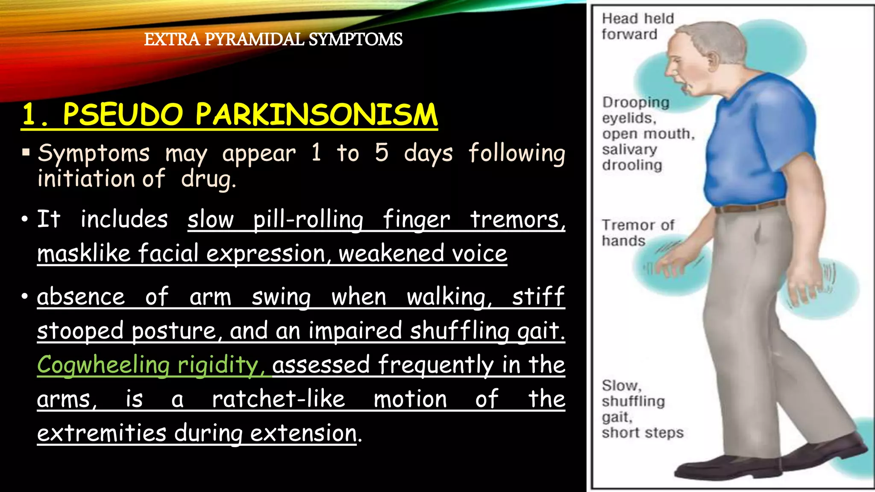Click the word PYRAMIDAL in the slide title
click(254, 39)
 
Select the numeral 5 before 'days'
click(382, 153)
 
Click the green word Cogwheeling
click(103, 365)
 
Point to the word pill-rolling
click(308, 220)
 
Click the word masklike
click(84, 253)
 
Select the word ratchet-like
click(279, 399)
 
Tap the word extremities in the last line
click(101, 433)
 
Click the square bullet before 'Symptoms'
click(26, 152)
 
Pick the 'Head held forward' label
click(637, 26)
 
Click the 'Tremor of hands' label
click(637, 233)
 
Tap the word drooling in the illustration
click(632, 165)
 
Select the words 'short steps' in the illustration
click(642, 433)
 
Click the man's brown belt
click(750, 207)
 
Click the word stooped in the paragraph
click(80, 331)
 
